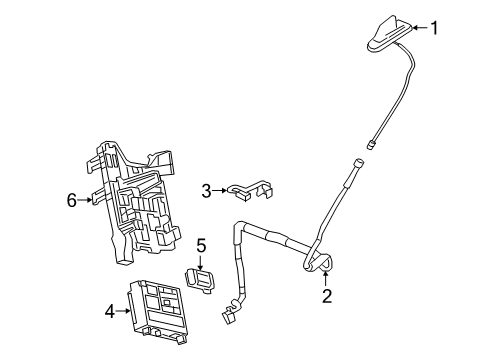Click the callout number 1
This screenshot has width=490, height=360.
(435, 28)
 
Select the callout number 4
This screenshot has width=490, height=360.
(109, 311)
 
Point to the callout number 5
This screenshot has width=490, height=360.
(200, 244)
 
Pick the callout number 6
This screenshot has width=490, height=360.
(72, 200)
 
